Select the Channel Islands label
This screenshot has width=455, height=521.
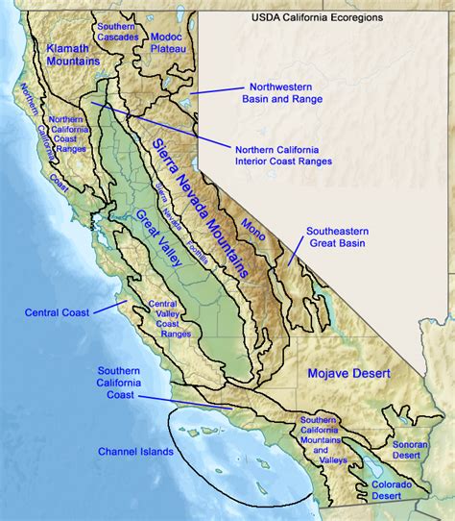coord(135,451)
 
